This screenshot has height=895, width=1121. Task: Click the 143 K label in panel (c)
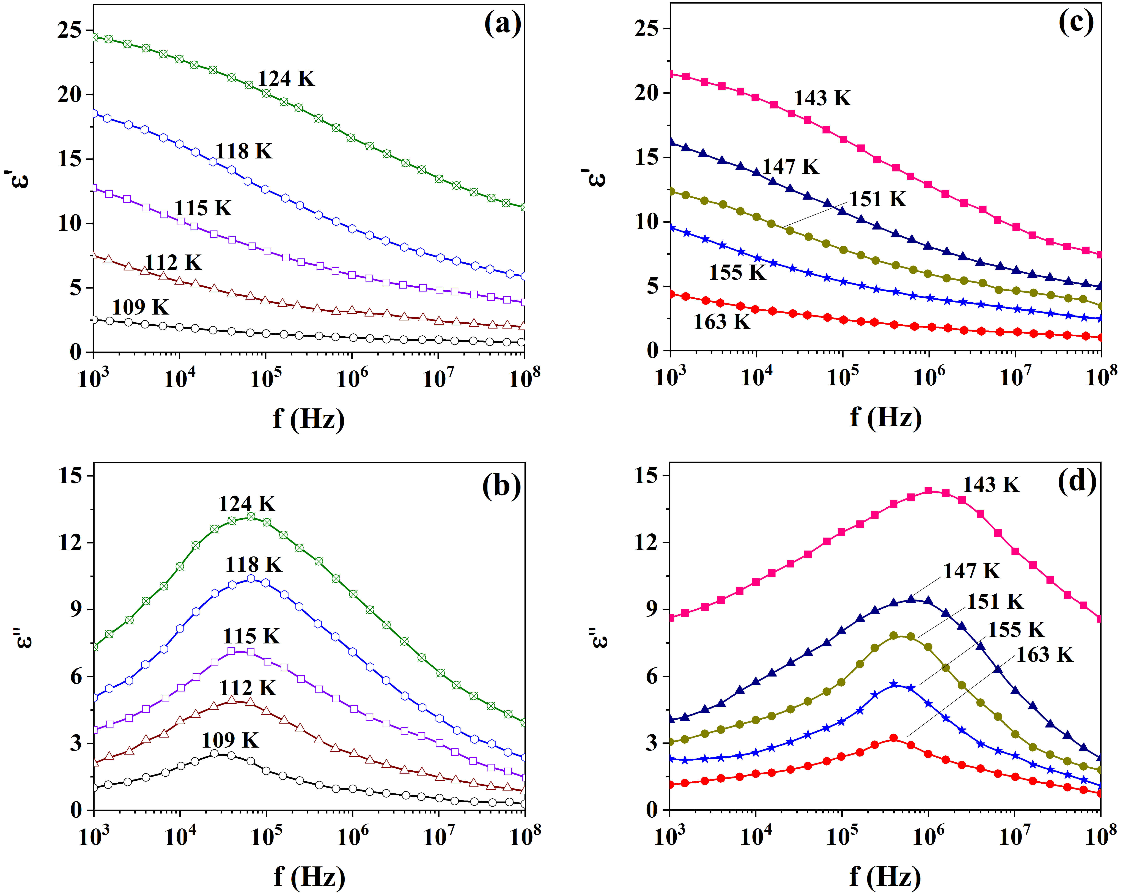pyautogui.click(x=823, y=98)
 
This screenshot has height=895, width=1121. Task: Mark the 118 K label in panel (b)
pyautogui.click(x=254, y=565)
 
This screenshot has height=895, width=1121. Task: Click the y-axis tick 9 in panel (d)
pyautogui.click(x=653, y=609)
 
